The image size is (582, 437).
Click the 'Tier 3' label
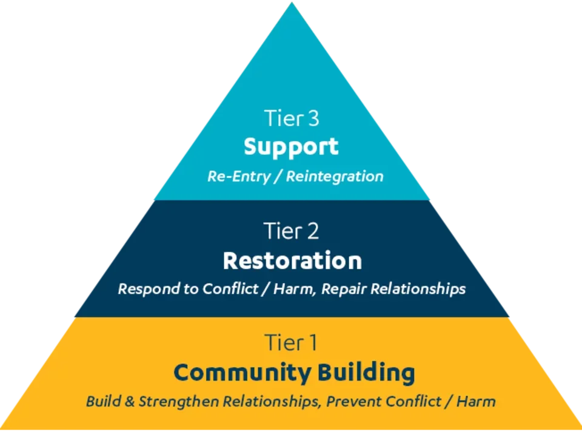291,118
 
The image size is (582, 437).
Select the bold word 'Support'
291,147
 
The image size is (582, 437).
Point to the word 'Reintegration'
335,177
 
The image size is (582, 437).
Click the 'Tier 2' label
291,231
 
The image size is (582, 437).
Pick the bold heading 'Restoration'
292,261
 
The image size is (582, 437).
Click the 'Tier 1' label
291,343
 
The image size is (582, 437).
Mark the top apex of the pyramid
291,4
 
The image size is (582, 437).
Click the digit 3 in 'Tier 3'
313,118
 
